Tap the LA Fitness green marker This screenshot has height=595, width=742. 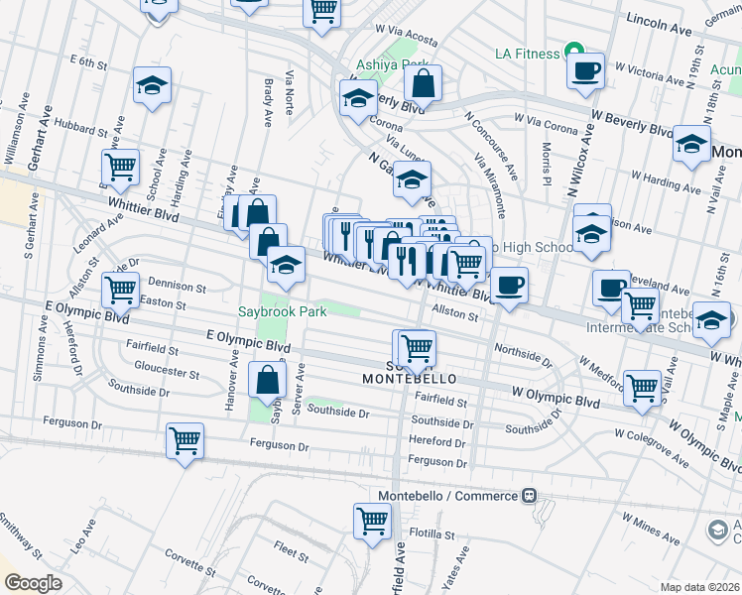(x=572, y=51)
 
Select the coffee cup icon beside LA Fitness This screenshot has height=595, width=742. (x=585, y=70)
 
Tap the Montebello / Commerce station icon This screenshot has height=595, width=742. (x=531, y=496)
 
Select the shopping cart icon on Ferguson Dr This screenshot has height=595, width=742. (x=185, y=439)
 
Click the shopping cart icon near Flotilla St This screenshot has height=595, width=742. (x=372, y=520)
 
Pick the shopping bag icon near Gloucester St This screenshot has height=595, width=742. (x=268, y=379)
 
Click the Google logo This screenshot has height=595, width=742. (x=33, y=583)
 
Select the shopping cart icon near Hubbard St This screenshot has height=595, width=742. (x=120, y=167)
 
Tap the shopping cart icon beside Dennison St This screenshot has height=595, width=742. (x=120, y=290)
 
